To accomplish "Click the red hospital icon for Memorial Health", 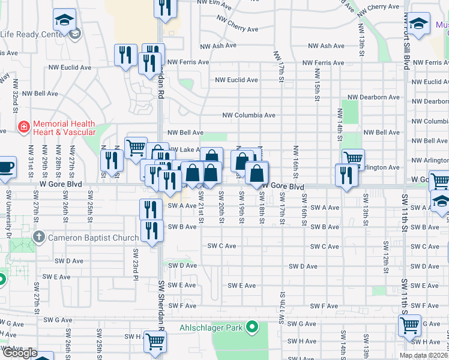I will click(x=23, y=127).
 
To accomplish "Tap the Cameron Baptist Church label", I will click(x=93, y=238).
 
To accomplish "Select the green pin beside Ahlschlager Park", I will click(x=253, y=327).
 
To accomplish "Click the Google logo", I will click(x=19, y=353).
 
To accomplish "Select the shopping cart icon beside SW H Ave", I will click(x=155, y=341).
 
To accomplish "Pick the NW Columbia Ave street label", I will click(x=249, y=115).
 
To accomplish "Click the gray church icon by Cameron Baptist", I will click(x=39, y=238).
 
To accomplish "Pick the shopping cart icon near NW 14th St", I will click(x=353, y=159).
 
